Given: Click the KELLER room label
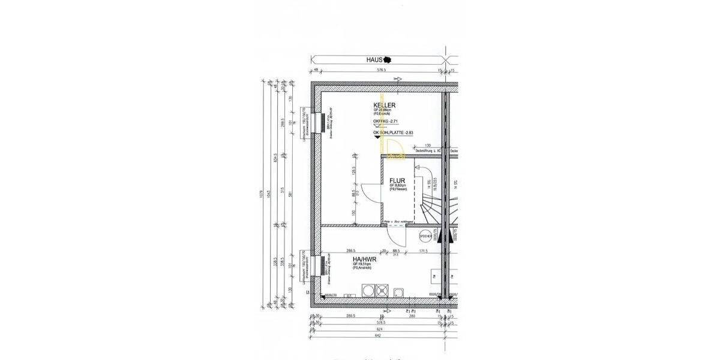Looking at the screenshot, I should (x=384, y=105).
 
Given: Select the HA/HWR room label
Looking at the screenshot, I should (x=364, y=259).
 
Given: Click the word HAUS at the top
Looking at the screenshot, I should (x=374, y=60).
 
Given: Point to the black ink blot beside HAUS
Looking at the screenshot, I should (x=389, y=60).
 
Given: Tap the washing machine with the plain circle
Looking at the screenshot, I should (x=368, y=290).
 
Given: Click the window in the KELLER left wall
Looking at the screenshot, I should (x=317, y=124).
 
